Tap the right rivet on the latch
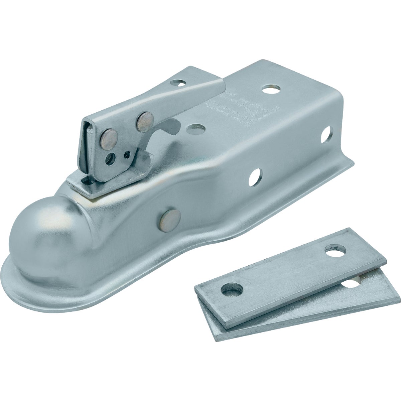(x=145, y=122)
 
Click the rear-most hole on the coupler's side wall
(x=325, y=134)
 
